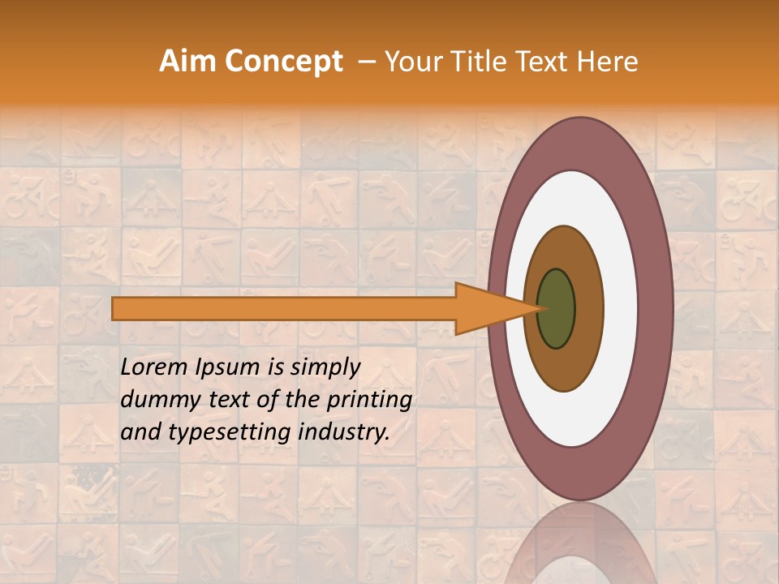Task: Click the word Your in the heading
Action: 411,62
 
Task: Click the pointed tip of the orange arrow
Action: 536,309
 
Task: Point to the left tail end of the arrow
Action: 116,309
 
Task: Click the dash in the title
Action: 366,62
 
